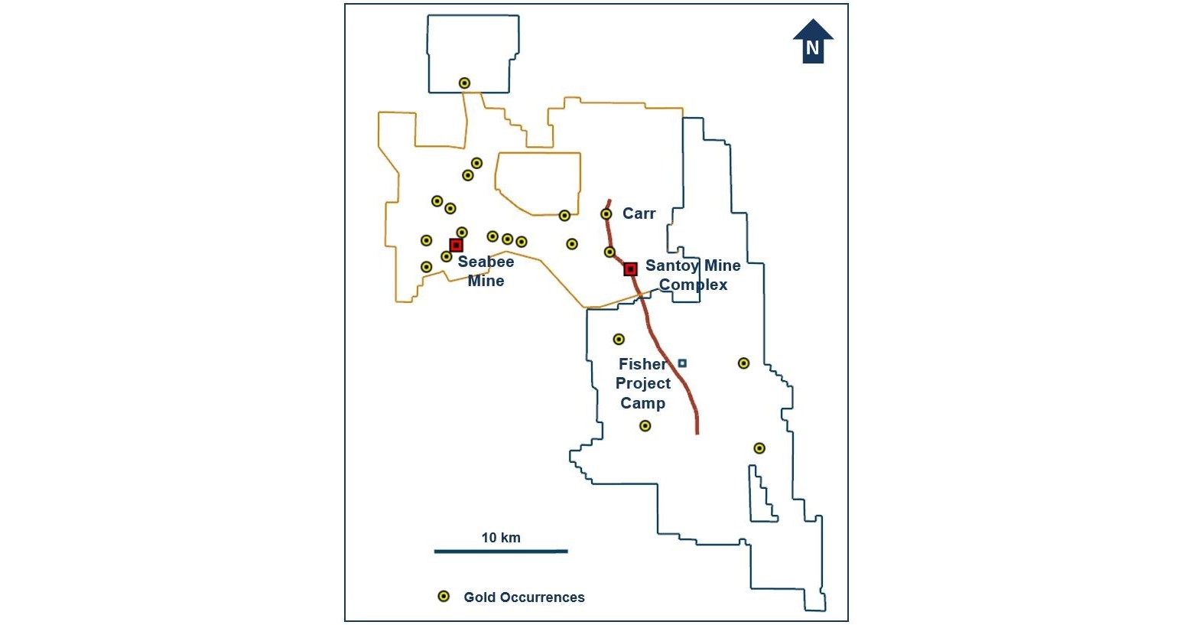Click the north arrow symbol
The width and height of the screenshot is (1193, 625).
813,41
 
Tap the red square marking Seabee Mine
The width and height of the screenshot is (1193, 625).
456,245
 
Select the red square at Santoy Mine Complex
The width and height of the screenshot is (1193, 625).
630,269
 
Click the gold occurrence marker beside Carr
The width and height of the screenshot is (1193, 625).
606,214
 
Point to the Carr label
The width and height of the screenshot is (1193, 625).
639,213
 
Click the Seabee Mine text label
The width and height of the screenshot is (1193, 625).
486,272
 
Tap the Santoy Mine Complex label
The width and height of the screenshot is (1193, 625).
693,275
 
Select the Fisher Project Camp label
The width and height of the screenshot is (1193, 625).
642,383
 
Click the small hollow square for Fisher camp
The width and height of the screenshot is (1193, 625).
682,363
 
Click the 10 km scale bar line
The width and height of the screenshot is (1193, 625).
501,551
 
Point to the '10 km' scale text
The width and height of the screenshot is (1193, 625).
501,538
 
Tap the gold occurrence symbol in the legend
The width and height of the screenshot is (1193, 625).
443,597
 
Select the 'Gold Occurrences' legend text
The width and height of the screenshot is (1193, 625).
524,597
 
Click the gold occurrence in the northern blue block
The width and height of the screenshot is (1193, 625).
464,83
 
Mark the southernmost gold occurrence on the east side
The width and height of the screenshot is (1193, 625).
759,448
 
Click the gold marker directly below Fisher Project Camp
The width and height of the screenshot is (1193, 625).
645,425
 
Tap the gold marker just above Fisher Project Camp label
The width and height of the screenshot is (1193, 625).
619,339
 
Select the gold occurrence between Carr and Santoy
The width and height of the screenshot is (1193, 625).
610,252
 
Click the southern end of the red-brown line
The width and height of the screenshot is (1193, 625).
697,432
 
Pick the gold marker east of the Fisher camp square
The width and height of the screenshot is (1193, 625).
743,363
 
